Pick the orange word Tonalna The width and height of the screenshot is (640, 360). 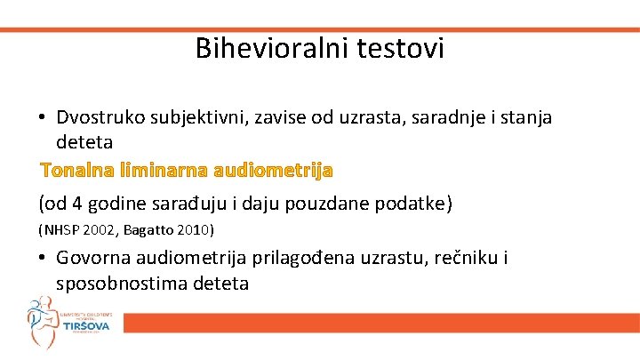point(74,169)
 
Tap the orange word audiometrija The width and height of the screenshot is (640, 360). point(270,169)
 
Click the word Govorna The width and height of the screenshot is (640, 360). point(92,259)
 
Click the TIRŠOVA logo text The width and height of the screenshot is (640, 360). point(86,328)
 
